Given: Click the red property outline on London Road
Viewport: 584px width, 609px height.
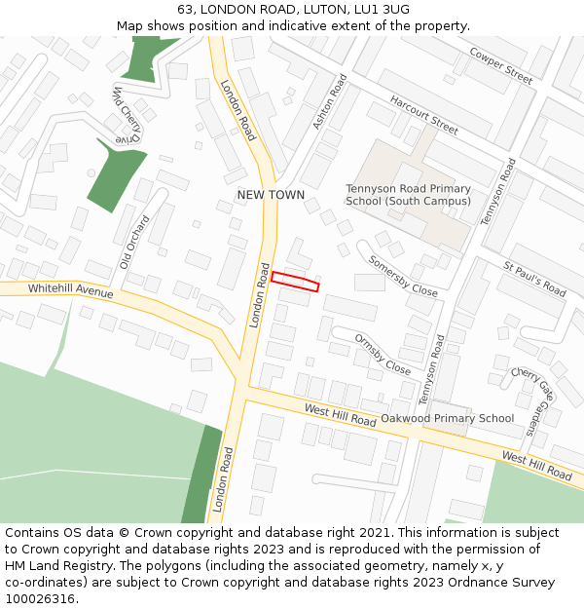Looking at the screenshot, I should pyautogui.click(x=295, y=282).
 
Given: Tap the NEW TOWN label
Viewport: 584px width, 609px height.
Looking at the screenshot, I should pyautogui.click(x=271, y=195).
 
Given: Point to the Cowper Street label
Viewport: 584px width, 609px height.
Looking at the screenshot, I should pyautogui.click(x=500, y=64).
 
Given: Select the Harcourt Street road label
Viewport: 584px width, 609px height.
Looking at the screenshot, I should pyautogui.click(x=423, y=114).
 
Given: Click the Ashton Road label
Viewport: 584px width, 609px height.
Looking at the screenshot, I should pyautogui.click(x=330, y=101).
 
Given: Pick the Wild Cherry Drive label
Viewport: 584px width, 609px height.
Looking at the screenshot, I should pyautogui.click(x=127, y=115).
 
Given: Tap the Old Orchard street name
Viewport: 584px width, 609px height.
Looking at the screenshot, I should pyautogui.click(x=135, y=242).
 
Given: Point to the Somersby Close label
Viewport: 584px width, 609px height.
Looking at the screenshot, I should pyautogui.click(x=402, y=276).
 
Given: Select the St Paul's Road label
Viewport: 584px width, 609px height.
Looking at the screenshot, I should pyautogui.click(x=534, y=279).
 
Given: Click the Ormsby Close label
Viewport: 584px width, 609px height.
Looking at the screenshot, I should pyautogui.click(x=383, y=355).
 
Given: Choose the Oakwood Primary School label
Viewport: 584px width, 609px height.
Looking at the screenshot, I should pyautogui.click(x=447, y=419).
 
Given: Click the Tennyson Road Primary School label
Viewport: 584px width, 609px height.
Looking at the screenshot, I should pyautogui.click(x=408, y=195).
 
